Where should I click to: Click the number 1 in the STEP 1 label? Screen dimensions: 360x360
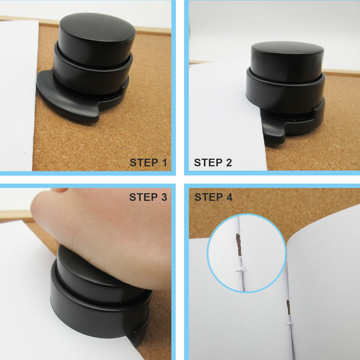(164, 162)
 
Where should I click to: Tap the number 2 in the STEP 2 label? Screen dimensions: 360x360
(229, 162)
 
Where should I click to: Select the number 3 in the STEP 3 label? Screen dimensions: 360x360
(164, 197)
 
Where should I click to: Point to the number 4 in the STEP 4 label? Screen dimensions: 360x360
(229, 197)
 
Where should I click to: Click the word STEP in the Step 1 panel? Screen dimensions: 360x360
(144, 162)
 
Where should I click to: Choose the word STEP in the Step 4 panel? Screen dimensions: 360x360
(209, 197)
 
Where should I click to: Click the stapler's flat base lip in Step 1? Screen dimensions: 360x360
(69, 101)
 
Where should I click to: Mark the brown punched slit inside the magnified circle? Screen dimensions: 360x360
(239, 245)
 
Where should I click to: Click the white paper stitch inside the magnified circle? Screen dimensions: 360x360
(241, 269)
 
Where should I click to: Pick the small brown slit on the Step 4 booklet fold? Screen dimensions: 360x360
(288, 307)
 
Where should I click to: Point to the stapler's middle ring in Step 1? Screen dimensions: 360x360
(92, 76)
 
